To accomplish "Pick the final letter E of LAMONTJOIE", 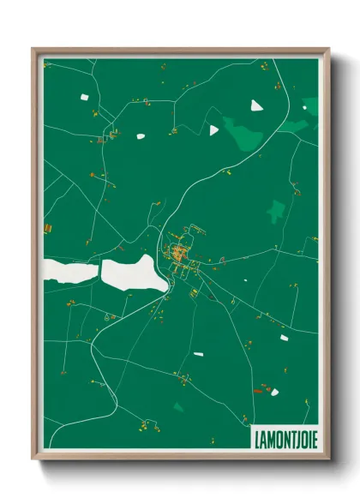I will point(312,434).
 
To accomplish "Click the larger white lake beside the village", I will point(131,272).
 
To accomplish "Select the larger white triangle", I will point(256,105).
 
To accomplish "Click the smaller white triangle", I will point(214,129).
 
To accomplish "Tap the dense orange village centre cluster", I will point(179,252).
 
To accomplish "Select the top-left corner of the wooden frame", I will point(33,49).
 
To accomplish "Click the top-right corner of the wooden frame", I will point(328,49).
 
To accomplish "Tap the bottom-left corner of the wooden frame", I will point(33,458).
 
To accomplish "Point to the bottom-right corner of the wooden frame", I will point(328,458).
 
